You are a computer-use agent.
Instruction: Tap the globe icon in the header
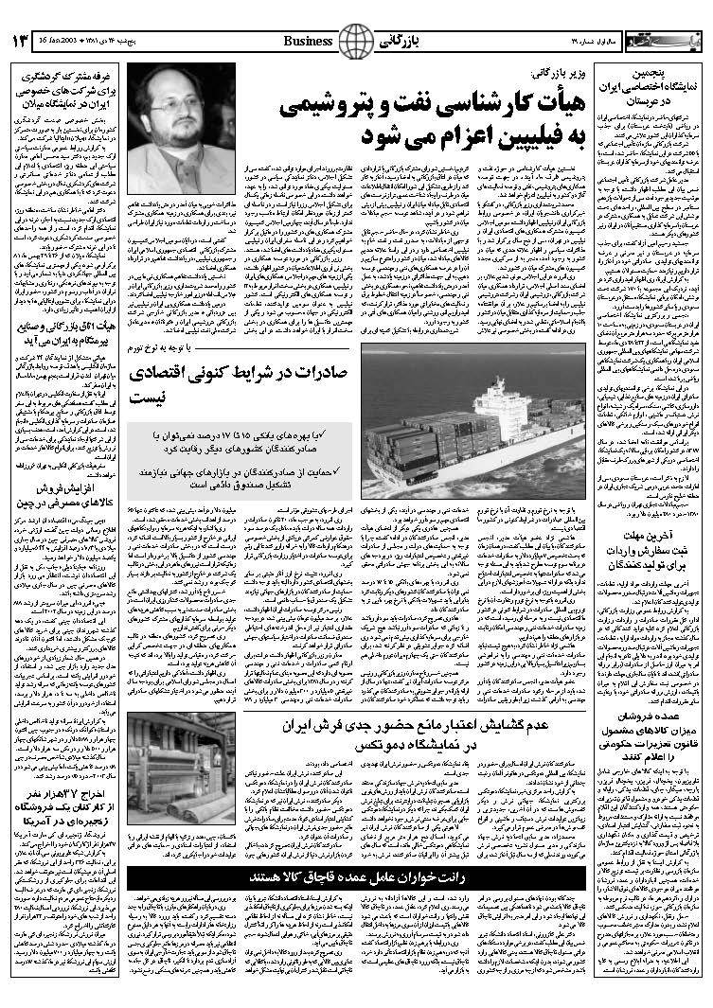pyautogui.click(x=356, y=40)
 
